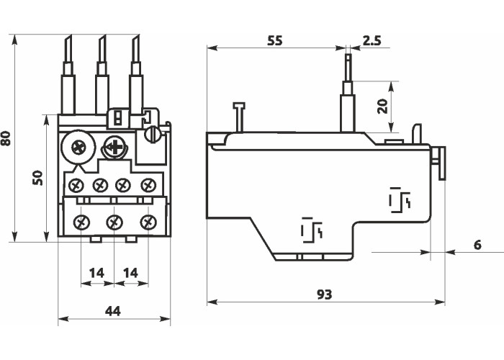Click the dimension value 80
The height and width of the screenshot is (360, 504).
(6, 138)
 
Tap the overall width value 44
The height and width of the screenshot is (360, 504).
(113, 311)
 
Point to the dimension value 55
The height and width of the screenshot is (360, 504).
(274, 41)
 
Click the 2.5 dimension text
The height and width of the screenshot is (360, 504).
(372, 41)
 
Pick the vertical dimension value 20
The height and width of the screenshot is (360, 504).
(383, 106)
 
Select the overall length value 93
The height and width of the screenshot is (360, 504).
(324, 294)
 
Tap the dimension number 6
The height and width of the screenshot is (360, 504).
(477, 245)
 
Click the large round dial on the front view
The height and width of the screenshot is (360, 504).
(78, 148)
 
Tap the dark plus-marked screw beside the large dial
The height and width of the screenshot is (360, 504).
(114, 148)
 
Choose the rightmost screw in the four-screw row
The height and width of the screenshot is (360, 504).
(148, 185)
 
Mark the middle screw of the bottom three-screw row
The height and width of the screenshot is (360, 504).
(114, 222)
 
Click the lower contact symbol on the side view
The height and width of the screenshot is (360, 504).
(311, 230)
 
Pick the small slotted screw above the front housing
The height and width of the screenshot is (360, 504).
(153, 134)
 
